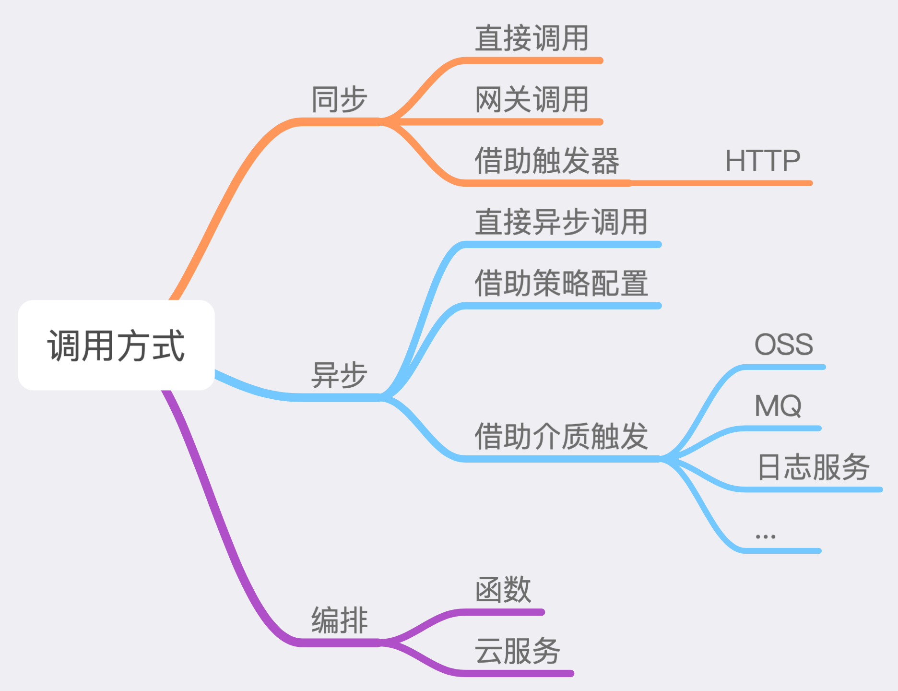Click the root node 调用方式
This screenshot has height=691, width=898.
(116, 345)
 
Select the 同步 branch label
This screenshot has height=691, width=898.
(339, 100)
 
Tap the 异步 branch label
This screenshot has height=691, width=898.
(339, 375)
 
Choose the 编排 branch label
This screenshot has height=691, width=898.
(339, 620)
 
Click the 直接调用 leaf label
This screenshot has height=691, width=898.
(532, 38)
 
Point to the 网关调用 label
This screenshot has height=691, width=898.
(532, 100)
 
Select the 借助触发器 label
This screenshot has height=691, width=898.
(547, 161)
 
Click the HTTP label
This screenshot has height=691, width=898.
(762, 161)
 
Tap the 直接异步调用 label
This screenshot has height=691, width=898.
(561, 222)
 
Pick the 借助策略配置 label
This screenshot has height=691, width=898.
(561, 283)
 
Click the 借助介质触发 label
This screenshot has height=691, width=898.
(561, 436)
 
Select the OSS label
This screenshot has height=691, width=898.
(784, 345)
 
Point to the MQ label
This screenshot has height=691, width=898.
(778, 406)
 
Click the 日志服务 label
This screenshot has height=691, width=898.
(813, 467)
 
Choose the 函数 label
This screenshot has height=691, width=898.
(503, 590)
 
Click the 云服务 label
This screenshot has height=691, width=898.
(517, 651)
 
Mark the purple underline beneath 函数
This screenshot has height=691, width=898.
(504, 612)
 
